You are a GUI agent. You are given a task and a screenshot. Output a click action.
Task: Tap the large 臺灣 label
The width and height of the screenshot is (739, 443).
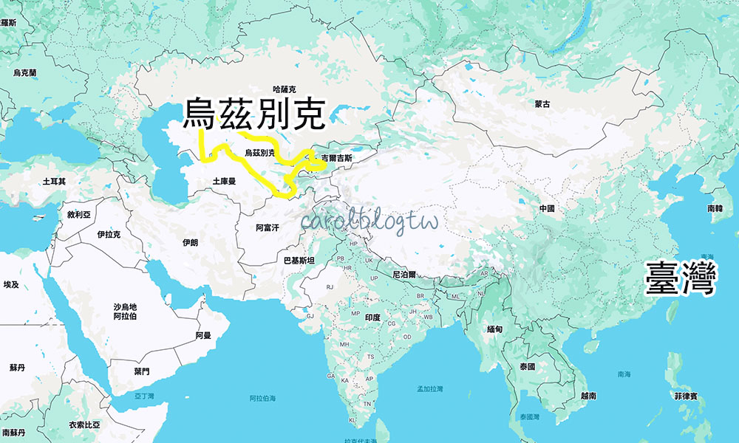click(681, 278)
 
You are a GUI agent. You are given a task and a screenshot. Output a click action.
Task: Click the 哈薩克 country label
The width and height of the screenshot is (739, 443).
click(284, 89)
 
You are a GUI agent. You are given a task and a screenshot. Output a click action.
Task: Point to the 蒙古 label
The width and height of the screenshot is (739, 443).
click(543, 105)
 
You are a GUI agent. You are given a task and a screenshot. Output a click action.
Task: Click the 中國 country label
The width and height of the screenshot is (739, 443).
click(547, 209)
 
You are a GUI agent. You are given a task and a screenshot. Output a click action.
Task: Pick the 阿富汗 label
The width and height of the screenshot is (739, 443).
click(267, 228)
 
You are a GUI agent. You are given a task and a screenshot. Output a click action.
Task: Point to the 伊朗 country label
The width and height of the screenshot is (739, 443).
click(190, 243)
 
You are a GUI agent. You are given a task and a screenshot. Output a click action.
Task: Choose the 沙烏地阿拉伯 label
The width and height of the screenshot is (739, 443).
click(125, 311)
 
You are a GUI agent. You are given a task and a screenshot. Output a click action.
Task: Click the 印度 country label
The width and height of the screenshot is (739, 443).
click(372, 317)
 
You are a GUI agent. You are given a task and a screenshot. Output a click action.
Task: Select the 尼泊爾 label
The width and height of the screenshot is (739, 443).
click(404, 274)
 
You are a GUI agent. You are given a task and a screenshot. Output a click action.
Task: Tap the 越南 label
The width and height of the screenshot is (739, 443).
click(588, 396)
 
